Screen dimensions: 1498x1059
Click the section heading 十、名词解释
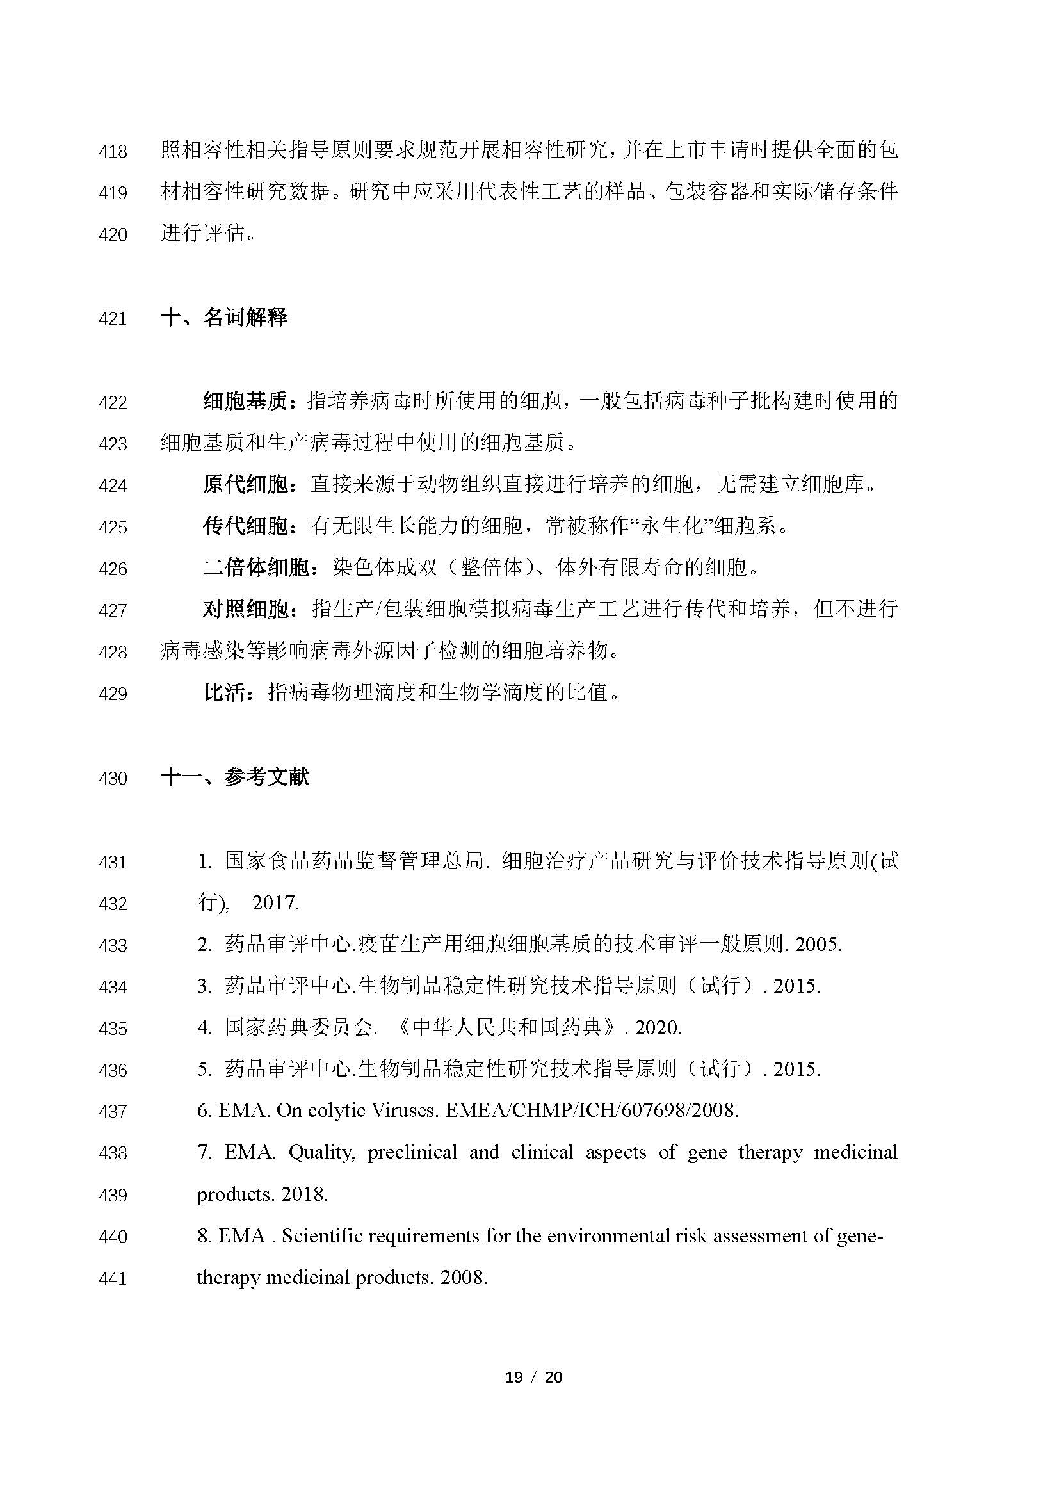(223, 318)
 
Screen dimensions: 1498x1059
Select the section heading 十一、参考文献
(235, 777)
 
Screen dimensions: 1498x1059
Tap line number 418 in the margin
(113, 151)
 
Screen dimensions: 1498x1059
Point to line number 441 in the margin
(113, 1278)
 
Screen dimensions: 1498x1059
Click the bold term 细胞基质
(245, 402)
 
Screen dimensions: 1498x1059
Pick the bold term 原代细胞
(245, 485)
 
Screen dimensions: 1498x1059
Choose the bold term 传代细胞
(245, 526)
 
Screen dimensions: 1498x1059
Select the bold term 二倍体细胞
(255, 568)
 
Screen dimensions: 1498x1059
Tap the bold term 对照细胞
(245, 610)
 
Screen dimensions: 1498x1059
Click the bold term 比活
(225, 693)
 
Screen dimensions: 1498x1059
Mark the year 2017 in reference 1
(275, 903)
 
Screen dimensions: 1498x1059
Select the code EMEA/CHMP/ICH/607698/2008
(592, 1111)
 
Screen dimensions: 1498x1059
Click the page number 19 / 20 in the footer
(533, 1378)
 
